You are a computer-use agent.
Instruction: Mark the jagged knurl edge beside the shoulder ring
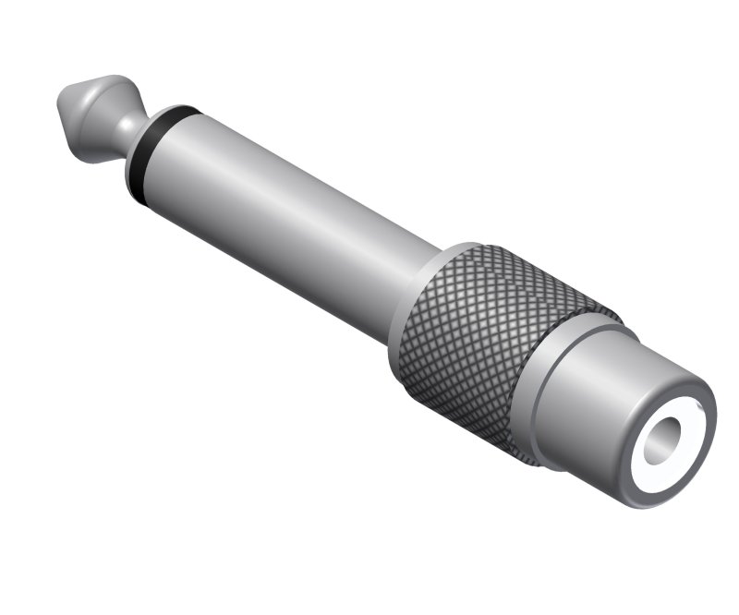536,406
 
